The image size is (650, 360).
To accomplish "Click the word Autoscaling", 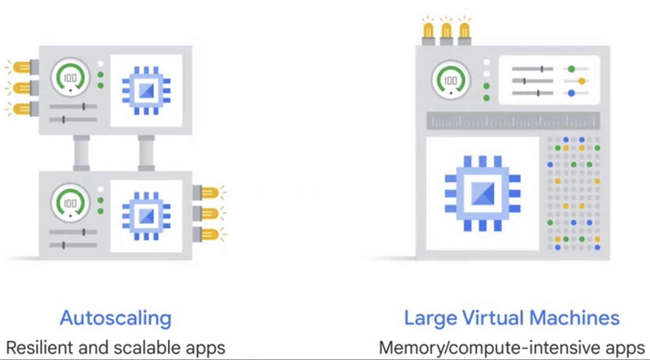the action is (x=116, y=318).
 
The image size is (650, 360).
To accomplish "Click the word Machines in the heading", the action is (x=574, y=318).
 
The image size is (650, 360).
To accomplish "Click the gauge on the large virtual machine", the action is (x=451, y=80).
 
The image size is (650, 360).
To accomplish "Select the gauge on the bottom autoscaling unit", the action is (x=70, y=202).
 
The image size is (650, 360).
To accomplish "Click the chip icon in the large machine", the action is (x=483, y=193).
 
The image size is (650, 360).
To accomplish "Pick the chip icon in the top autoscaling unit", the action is (x=146, y=90).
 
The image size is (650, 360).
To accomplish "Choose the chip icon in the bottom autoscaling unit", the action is (x=146, y=216).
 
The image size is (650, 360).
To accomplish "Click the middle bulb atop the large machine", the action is (x=446, y=31).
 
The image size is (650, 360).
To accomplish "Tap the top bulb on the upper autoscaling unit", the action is (x=21, y=67).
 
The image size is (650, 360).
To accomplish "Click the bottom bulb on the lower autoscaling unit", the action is (x=210, y=234).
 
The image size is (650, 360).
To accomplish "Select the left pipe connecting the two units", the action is (x=82, y=153).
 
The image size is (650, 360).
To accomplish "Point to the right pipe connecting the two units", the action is (x=146, y=153).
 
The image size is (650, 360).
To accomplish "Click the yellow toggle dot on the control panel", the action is (x=581, y=81).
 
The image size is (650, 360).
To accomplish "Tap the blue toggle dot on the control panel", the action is (x=571, y=93).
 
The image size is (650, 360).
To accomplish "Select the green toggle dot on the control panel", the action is (x=571, y=69).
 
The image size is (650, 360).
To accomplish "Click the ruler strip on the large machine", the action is (x=513, y=121).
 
